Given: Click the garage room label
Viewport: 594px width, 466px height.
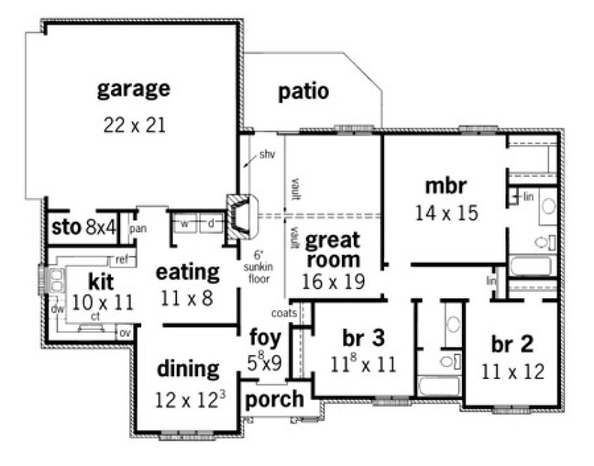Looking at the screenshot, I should pyautogui.click(x=133, y=89).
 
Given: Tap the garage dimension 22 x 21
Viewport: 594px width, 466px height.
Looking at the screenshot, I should pyautogui.click(x=133, y=125).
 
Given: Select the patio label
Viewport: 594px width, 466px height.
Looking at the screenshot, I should pyautogui.click(x=303, y=92).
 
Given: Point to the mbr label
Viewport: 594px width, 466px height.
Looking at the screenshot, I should pyautogui.click(x=446, y=187).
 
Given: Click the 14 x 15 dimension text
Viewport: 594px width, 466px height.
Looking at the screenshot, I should pyautogui.click(x=446, y=213).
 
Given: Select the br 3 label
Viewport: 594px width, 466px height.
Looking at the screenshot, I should pyautogui.click(x=363, y=338).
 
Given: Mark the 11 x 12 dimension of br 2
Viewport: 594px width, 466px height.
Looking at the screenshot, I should pyautogui.click(x=513, y=371).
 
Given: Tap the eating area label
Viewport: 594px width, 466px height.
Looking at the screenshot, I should pyautogui.click(x=187, y=271).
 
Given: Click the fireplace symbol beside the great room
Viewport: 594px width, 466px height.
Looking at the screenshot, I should pyautogui.click(x=239, y=215).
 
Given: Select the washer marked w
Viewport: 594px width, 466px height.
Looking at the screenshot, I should pyautogui.click(x=185, y=224).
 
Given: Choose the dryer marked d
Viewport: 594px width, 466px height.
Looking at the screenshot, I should pyautogui.click(x=210, y=224).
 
